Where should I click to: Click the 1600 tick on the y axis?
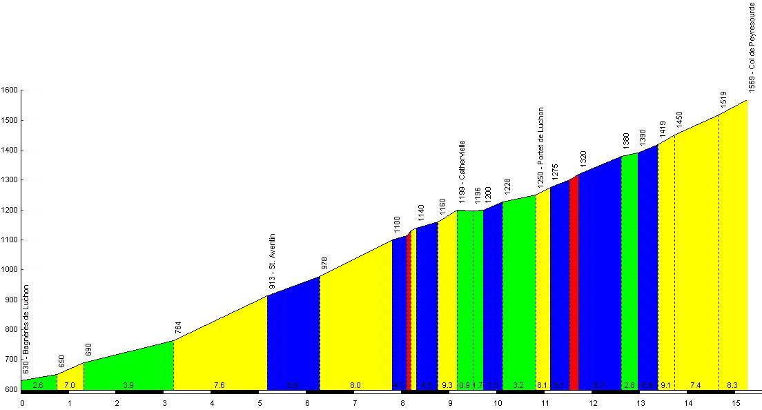(10, 90)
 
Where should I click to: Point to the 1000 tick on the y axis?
(10, 270)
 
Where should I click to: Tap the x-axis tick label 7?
(355, 402)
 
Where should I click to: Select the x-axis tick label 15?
(736, 402)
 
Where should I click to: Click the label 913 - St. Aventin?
(272, 261)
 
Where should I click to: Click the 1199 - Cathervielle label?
(462, 168)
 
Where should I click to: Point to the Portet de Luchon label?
(540, 145)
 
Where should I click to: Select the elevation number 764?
(178, 327)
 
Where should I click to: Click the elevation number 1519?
(723, 99)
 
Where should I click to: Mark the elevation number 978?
(324, 264)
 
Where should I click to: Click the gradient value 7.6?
(219, 385)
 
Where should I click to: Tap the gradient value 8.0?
(355, 385)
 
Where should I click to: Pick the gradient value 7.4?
(695, 385)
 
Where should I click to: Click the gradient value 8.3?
(733, 385)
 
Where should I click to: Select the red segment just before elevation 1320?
(573, 283)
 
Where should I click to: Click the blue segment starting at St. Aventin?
(293, 338)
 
